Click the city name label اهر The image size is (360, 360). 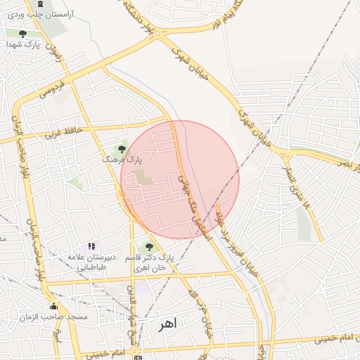tap(167, 324)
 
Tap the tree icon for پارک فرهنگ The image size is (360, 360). tap(122, 148)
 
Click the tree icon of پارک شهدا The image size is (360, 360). tap(22, 33)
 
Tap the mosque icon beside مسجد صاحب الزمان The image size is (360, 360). tap(53, 306)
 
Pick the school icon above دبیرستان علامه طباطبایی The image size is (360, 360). tap(91, 246)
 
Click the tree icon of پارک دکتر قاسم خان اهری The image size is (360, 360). tap(148, 246)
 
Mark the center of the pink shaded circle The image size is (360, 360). tap(180, 179)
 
